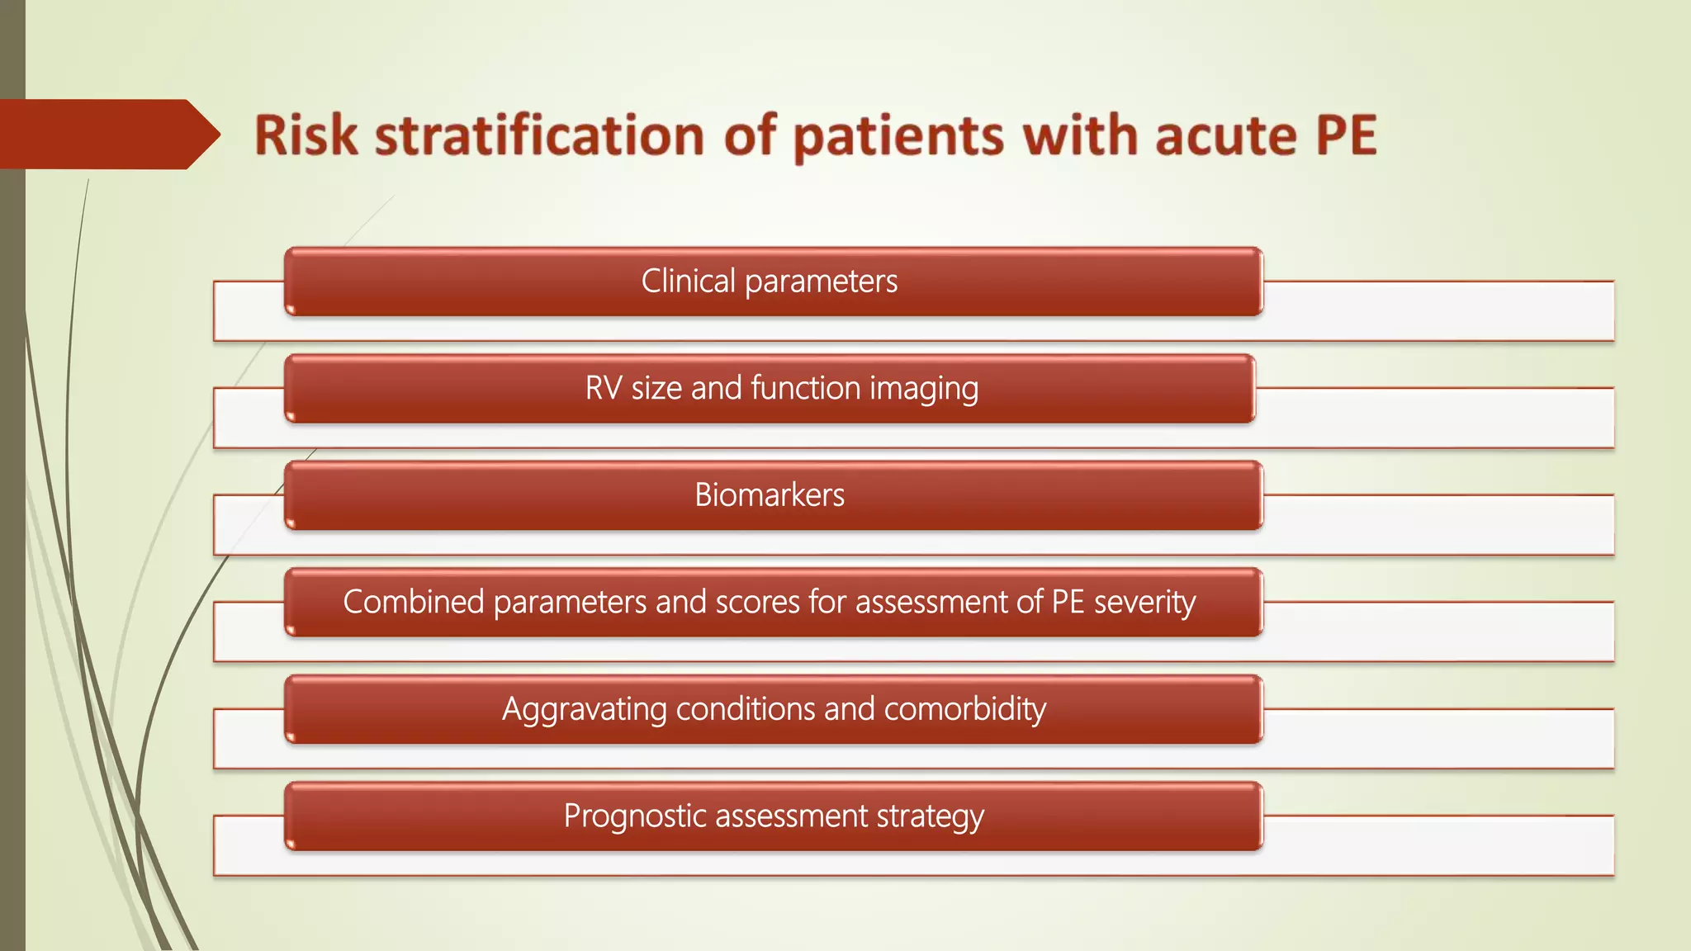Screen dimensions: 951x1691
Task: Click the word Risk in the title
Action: pos(306,135)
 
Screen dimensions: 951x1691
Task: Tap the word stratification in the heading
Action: pos(539,135)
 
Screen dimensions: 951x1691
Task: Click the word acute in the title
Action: pos(1225,135)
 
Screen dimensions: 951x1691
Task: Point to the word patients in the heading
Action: pos(898,137)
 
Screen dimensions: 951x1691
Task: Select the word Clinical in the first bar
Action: pos(688,282)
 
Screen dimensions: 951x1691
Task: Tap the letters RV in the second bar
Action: pos(604,388)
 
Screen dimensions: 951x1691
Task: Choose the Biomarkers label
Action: pos(770,495)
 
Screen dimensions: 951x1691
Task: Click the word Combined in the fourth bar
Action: pos(413,602)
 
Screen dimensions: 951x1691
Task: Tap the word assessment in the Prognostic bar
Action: pos(792,816)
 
